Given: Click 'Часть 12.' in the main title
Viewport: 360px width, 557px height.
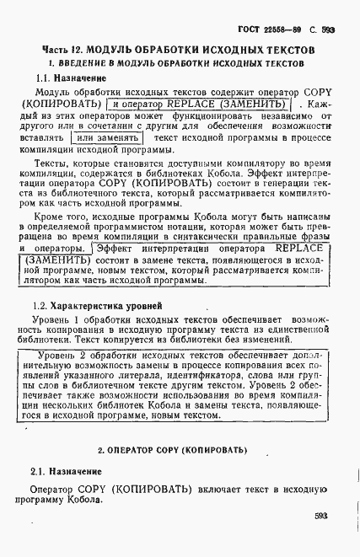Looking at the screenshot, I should (x=67, y=51).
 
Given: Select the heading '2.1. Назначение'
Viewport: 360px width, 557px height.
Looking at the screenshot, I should (x=66, y=472).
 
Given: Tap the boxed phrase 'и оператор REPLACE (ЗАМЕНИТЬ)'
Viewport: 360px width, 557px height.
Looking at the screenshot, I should (x=199, y=104).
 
